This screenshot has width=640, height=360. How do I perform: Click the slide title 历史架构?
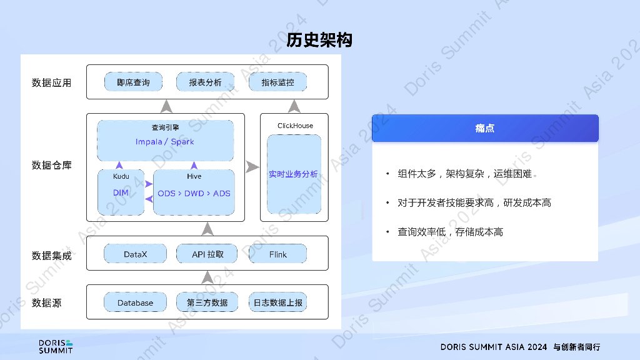click(x=319, y=40)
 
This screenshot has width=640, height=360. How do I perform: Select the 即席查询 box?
click(x=133, y=82)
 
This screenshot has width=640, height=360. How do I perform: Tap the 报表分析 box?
click(x=205, y=82)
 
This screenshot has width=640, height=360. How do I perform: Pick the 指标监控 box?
click(x=277, y=82)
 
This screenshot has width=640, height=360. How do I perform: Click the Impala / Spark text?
click(x=165, y=142)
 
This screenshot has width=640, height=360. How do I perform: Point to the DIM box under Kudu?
click(x=121, y=192)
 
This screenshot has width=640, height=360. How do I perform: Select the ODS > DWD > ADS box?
click(x=194, y=193)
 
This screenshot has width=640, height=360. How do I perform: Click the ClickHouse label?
click(x=295, y=126)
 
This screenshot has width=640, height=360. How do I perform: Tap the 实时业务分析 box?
click(x=294, y=174)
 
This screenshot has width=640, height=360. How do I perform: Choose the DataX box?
click(x=135, y=254)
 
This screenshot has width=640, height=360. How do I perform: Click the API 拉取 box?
click(x=207, y=254)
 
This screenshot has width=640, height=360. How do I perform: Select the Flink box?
click(x=278, y=254)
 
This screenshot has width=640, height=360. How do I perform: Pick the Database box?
click(x=135, y=302)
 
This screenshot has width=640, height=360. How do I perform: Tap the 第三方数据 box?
click(x=207, y=302)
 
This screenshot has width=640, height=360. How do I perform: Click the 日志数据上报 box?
click(x=278, y=302)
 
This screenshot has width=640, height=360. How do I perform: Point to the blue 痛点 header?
click(x=485, y=128)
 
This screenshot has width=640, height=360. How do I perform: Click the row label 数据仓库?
click(x=52, y=165)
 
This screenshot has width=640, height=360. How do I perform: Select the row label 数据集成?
click(x=52, y=256)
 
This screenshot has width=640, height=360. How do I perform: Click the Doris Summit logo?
click(x=56, y=346)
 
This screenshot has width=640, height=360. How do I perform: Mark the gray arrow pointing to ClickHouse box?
click(x=252, y=167)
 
